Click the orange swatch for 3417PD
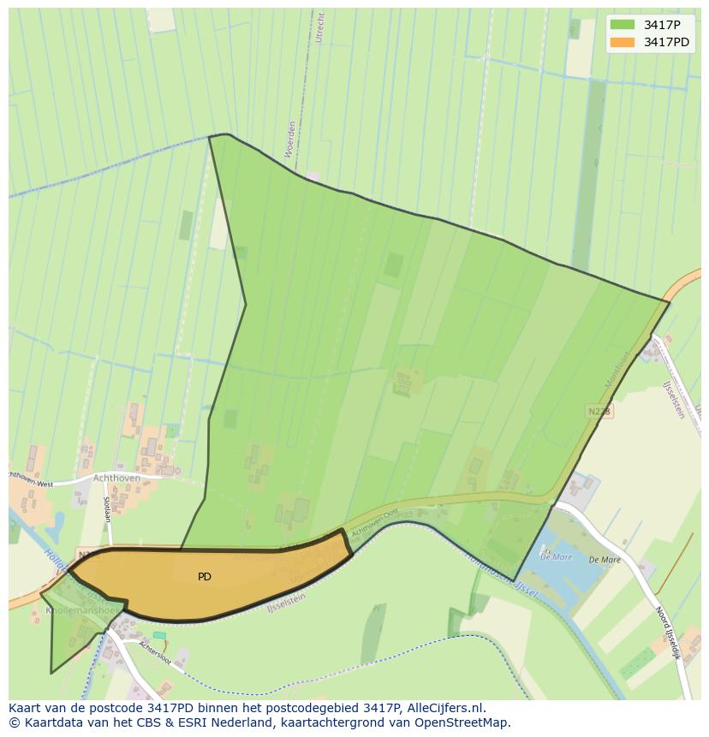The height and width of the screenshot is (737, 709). (x=623, y=42)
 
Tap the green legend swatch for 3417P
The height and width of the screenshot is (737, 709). (x=623, y=24)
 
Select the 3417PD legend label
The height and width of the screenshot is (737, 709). (x=667, y=42)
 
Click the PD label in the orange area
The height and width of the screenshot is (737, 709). (x=205, y=577)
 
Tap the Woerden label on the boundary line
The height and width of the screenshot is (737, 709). (x=290, y=138)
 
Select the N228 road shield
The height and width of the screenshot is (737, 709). (x=599, y=412)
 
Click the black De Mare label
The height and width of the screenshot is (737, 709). (x=605, y=560)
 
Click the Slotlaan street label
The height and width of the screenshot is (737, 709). (x=108, y=510)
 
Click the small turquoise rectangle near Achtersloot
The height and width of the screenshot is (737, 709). (x=159, y=635)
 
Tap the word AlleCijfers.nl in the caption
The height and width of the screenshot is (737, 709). (x=446, y=708)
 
